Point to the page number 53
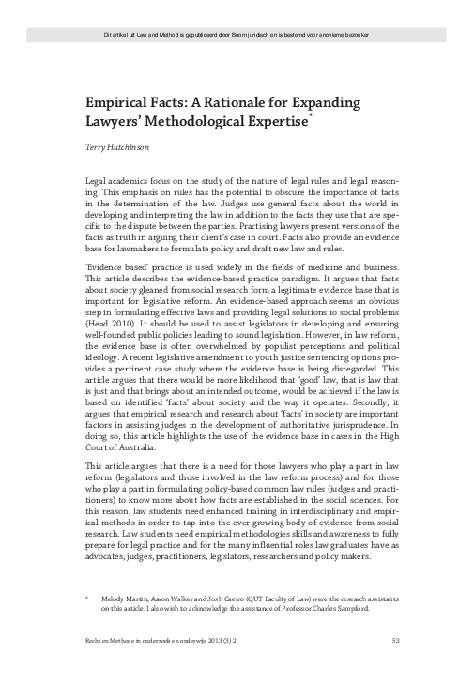click(396, 667)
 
